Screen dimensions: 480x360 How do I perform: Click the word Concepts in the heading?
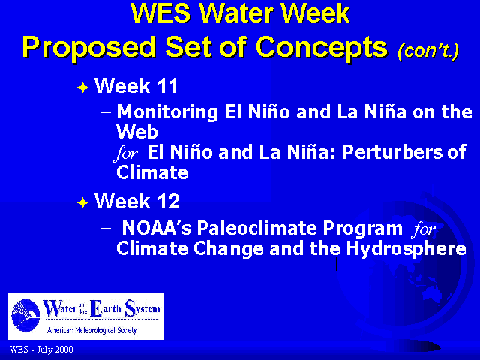322,48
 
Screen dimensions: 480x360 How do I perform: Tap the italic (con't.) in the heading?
428,51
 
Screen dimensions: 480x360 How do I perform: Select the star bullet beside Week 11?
83,88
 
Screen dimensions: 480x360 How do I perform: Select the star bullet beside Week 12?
83,203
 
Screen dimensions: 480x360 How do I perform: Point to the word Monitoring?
167,112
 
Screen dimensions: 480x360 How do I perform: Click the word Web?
137,132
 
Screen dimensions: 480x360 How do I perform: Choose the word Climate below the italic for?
152,172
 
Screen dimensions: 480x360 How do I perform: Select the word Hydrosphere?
406,249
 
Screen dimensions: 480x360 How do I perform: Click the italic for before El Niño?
126,153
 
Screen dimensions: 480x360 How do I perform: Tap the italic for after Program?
424,229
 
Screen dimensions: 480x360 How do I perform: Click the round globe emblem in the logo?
25,315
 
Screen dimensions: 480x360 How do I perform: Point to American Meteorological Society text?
91,330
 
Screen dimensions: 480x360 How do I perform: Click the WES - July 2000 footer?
41,349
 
